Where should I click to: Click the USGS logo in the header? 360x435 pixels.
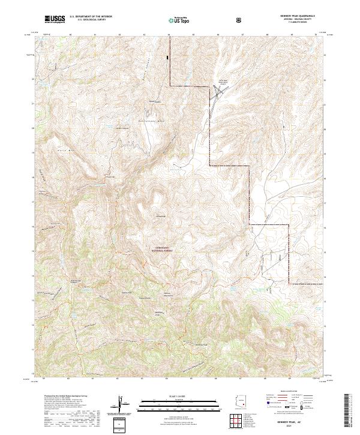click(55, 20)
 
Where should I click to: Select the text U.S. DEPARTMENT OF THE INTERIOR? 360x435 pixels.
click(91, 17)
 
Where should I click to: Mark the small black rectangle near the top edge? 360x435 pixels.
click(169, 57)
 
